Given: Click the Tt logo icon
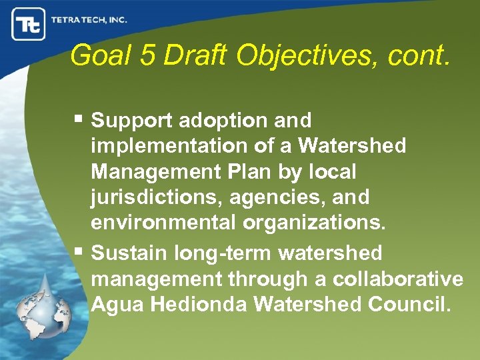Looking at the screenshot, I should pyautogui.click(x=28, y=25).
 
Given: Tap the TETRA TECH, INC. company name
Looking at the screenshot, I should pyautogui.click(x=89, y=20).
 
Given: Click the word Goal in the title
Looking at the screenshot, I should pyautogui.click(x=96, y=55).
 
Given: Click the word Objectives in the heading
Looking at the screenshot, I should pyautogui.click(x=300, y=57).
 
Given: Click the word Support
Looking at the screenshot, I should pyautogui.click(x=131, y=121).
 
